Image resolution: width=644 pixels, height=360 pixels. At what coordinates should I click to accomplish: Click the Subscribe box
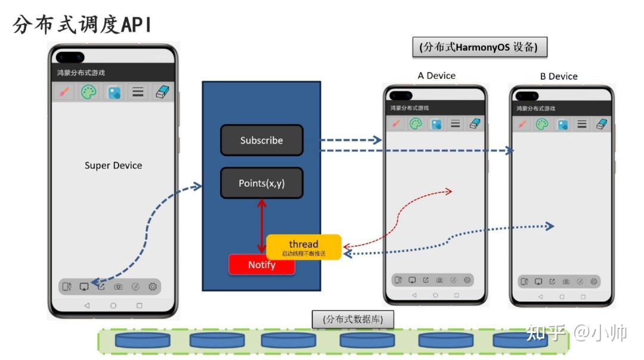click(x=261, y=141)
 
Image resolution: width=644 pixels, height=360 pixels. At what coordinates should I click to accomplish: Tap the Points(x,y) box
click(x=261, y=183)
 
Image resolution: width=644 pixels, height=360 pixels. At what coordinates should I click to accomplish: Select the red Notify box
click(x=262, y=264)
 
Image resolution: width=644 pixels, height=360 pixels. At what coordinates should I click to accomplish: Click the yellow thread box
click(x=304, y=247)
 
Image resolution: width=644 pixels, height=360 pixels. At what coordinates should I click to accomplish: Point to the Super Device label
click(x=113, y=165)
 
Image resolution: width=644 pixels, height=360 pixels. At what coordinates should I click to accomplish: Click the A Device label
click(x=436, y=76)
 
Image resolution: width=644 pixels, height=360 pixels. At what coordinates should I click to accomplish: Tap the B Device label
click(x=559, y=76)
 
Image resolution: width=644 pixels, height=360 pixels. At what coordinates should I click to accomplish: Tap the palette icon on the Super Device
click(x=89, y=92)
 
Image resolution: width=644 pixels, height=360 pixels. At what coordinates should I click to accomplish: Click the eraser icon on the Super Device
click(x=162, y=92)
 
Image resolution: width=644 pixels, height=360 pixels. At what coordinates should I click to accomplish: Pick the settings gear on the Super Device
click(x=153, y=287)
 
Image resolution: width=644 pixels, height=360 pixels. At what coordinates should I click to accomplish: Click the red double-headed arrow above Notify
click(x=261, y=225)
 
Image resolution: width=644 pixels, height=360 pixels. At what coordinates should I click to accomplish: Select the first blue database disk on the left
click(x=143, y=340)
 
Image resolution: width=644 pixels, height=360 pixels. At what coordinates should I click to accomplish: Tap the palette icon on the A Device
click(x=416, y=123)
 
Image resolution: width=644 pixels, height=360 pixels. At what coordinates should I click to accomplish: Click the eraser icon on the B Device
click(x=601, y=124)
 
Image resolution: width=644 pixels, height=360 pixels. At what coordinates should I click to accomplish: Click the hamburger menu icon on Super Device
click(x=138, y=92)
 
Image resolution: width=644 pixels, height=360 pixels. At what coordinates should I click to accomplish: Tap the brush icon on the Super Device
click(x=64, y=92)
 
